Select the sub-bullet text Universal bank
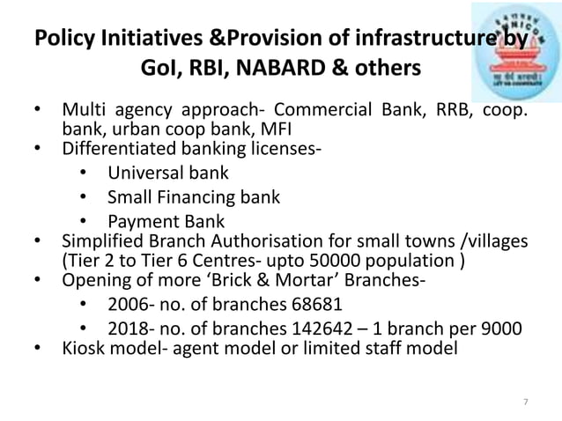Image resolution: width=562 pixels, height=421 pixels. tap(167, 173)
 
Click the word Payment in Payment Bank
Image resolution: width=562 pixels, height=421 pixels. tap(139, 221)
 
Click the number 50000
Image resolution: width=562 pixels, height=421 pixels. tap(329, 261)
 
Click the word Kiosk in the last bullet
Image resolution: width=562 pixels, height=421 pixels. tap(83, 349)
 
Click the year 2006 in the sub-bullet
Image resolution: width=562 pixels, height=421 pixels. tap(127, 305)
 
